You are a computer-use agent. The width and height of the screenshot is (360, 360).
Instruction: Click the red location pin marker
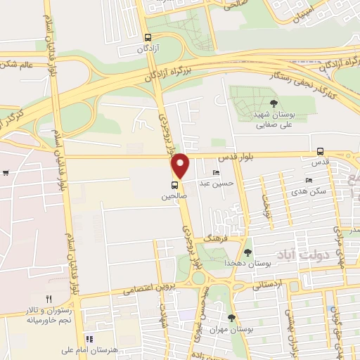click(x=181, y=165)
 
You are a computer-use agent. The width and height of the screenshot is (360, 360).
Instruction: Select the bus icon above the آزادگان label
click(x=147, y=38)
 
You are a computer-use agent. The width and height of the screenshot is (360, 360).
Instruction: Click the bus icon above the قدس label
click(x=321, y=150)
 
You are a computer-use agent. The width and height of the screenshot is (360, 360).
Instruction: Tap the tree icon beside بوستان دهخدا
click(x=247, y=252)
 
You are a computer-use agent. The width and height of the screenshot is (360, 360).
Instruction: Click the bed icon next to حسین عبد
click(x=216, y=173)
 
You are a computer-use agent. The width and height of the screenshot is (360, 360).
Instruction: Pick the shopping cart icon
click(x=6, y=173)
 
